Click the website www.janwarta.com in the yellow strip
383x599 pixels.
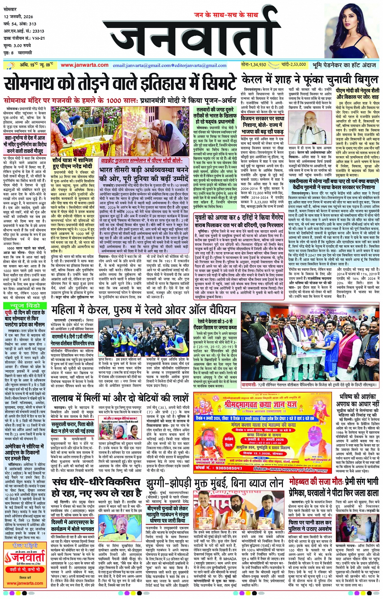click(84, 65)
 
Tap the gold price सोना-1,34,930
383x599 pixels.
click(253, 64)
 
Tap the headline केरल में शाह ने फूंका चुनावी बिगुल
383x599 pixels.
click(310, 79)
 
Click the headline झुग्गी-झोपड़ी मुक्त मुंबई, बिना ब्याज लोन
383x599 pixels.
click(215, 483)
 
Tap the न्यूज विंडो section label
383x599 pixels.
click(25, 305)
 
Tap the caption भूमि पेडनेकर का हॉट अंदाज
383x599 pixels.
click(344, 65)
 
